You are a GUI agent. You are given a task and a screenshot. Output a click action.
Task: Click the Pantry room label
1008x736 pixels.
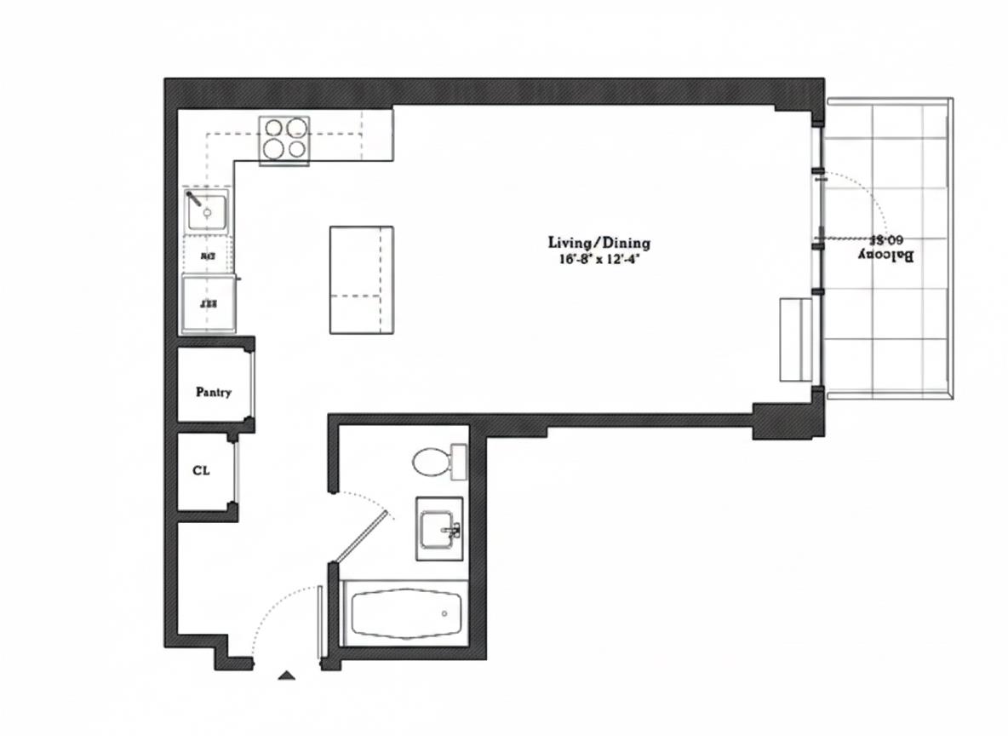(213, 393)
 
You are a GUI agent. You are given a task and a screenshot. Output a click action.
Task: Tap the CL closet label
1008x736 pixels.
(201, 469)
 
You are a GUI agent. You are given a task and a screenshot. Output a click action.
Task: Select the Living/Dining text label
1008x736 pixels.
(598, 243)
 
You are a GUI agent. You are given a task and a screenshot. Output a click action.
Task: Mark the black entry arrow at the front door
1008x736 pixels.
(287, 676)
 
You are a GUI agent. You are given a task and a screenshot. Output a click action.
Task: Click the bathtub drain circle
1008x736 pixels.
(444, 613)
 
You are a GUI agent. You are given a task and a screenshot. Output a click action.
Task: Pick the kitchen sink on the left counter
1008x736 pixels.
(207, 210)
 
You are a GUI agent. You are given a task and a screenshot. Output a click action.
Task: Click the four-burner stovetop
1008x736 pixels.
(284, 138)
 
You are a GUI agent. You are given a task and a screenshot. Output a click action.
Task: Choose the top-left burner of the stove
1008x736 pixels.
(274, 129)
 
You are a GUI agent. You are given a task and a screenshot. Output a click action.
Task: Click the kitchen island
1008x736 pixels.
(361, 279)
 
